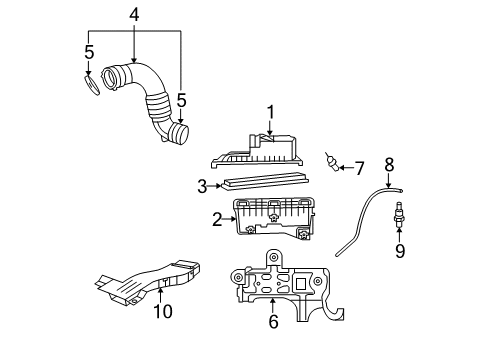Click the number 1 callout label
click(269, 113)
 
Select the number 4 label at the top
click(134, 15)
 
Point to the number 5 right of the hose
click(180, 100)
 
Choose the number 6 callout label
click(273, 321)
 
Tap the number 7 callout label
click(359, 167)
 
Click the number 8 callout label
click(389, 163)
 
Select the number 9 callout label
click(399, 251)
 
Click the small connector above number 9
click(399, 212)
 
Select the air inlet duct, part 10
click(150, 280)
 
